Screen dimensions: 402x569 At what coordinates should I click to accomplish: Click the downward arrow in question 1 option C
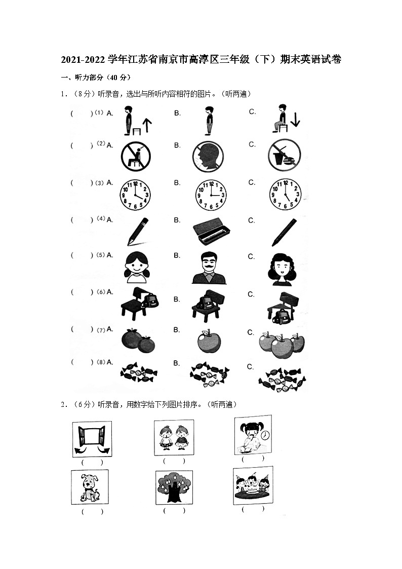point(295,120)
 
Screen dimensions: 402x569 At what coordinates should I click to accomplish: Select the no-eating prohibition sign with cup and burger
point(285,155)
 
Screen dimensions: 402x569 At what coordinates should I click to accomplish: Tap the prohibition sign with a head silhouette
point(208,157)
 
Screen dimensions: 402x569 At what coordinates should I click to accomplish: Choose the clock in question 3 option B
point(211,195)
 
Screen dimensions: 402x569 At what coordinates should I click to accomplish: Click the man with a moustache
point(209,268)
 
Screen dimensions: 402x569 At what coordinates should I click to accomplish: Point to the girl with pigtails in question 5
point(137,267)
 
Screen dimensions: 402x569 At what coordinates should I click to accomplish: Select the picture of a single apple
point(209,341)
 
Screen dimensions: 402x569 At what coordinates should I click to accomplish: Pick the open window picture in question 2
point(92,439)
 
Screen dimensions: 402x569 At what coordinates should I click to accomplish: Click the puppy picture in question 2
point(90,487)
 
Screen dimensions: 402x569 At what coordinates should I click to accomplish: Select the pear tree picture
point(174,487)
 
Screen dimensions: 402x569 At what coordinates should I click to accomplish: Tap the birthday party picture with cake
point(253,485)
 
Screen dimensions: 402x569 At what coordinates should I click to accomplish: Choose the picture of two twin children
point(174,438)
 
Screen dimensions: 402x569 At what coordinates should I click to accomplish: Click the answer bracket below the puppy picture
point(92,512)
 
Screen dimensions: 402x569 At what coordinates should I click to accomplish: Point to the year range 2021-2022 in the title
point(84,59)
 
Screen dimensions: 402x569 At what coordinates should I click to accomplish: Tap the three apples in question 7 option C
point(282,344)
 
